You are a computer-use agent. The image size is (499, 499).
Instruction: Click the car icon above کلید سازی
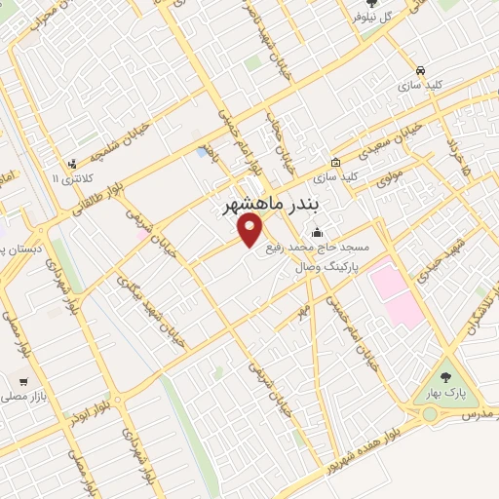(x=419, y=70)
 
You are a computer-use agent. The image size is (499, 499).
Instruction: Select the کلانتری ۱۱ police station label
(x=62, y=179)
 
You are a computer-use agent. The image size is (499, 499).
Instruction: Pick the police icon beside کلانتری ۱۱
(x=72, y=164)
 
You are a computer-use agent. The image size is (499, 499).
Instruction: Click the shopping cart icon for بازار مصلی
(x=21, y=381)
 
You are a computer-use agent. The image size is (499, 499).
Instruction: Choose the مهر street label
(x=304, y=311)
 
